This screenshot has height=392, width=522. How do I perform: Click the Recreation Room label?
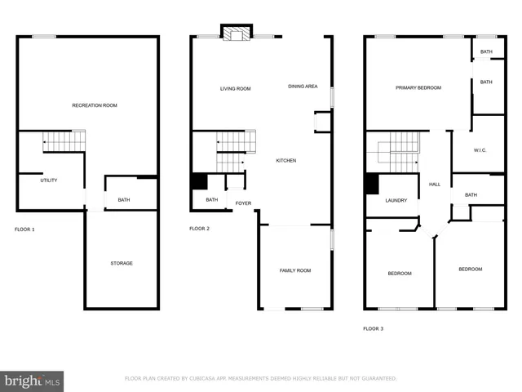tap(95, 105)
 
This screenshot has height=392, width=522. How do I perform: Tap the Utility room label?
tap(49, 180)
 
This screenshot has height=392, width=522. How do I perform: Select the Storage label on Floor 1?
tap(122, 263)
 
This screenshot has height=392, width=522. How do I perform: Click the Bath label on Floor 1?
tap(124, 199)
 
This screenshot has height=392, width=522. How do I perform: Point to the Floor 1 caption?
tap(24, 229)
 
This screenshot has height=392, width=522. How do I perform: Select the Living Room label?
tap(235, 88)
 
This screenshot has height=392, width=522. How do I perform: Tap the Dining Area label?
tap(303, 86)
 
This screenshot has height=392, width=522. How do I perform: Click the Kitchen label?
tap(285, 160)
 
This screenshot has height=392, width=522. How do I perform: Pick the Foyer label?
tap(243, 203)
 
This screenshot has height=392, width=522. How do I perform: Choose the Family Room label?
tap(295, 270)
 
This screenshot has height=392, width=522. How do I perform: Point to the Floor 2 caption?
tap(200, 229)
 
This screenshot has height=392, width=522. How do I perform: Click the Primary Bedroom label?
tap(418, 87)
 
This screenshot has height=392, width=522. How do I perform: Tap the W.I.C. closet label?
tap(481, 150)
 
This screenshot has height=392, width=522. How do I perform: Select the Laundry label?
tap(396, 200)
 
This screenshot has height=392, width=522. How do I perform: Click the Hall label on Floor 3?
tap(435, 184)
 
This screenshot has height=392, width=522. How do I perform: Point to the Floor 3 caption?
tap(373, 328)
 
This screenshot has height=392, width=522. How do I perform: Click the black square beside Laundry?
tap(372, 184)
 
